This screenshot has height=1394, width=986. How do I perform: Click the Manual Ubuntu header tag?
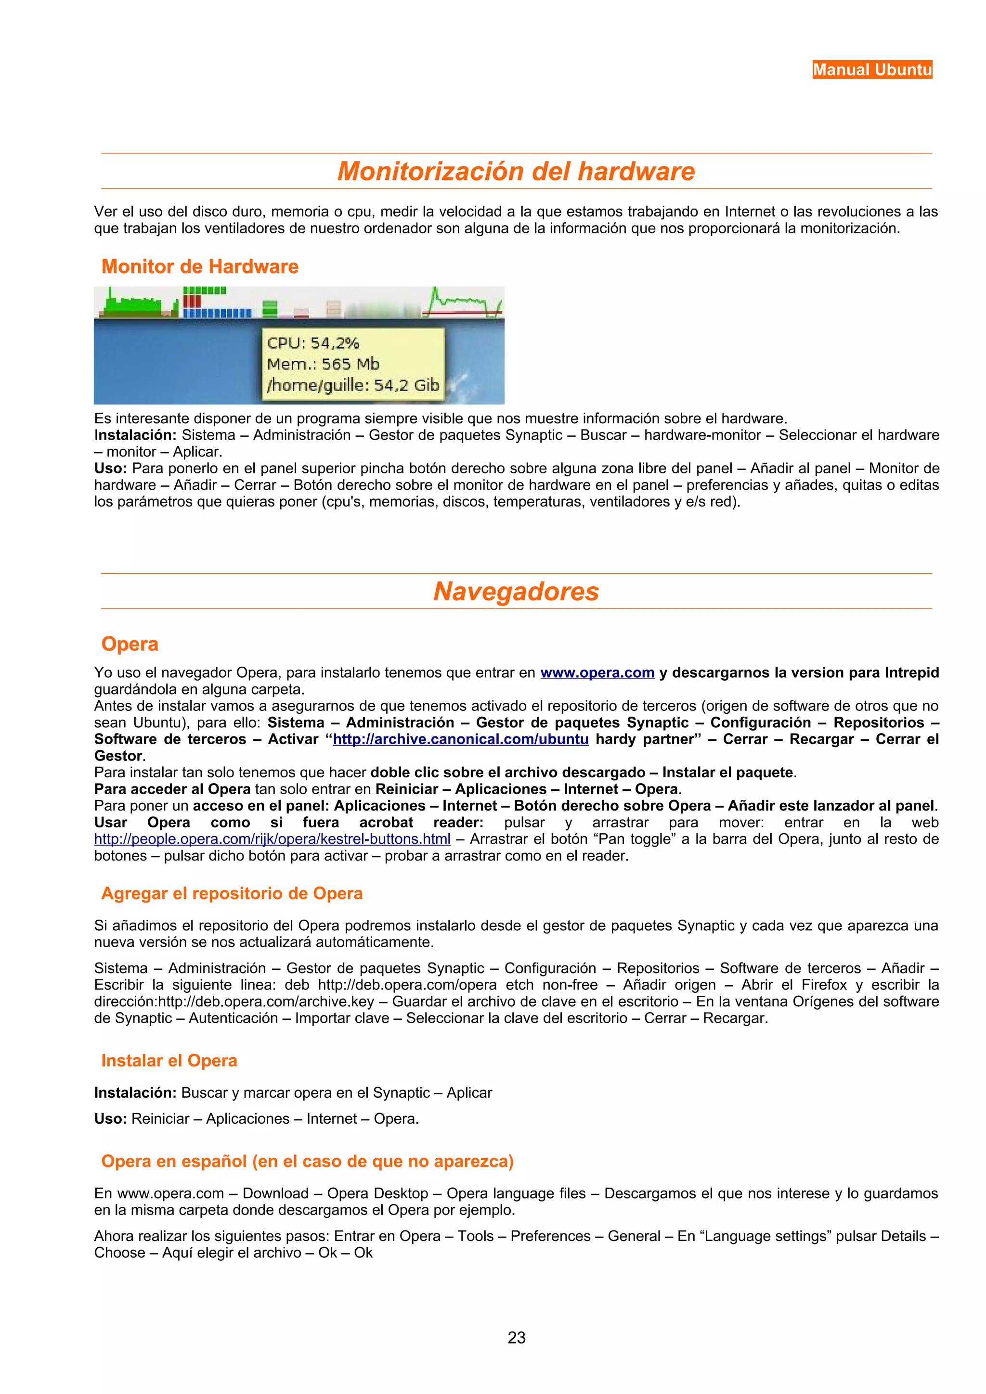[x=872, y=70]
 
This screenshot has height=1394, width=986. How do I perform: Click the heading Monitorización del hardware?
[x=516, y=171]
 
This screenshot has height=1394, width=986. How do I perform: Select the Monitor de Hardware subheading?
[x=200, y=266]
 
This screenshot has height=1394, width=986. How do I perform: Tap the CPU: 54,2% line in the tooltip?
[x=313, y=343]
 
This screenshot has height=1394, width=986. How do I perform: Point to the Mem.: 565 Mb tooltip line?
[x=323, y=364]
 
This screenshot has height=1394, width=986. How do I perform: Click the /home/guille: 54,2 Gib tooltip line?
[x=352, y=385]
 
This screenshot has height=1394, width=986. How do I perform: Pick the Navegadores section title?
[x=516, y=591]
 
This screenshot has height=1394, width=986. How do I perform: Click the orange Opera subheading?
[x=130, y=644]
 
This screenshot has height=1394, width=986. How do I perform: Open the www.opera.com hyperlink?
[x=597, y=673]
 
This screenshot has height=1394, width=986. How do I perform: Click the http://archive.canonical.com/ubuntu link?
[x=460, y=739]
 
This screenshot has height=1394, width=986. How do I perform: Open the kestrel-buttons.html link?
[x=272, y=839]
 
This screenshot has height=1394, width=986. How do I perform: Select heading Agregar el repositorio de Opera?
[x=232, y=893]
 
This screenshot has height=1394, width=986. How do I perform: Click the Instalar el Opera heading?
[x=169, y=1060]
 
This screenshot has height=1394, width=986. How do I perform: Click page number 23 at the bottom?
[x=517, y=1338]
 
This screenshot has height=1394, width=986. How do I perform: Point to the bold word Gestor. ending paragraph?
[x=119, y=756]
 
